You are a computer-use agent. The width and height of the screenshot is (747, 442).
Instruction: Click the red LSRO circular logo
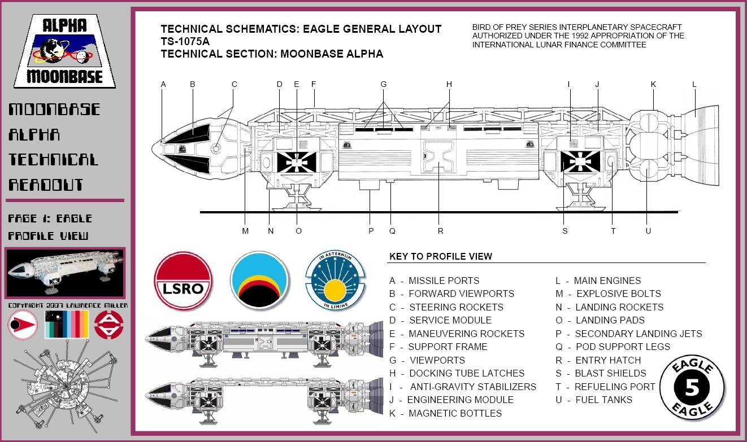[183, 281]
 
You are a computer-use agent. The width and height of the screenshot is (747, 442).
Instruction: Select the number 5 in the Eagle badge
[692, 388]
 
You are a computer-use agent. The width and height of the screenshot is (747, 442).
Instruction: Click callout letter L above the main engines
[694, 85]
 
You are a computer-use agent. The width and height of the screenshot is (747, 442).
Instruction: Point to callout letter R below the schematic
[440, 231]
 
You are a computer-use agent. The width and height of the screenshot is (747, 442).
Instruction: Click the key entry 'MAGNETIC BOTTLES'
[455, 413]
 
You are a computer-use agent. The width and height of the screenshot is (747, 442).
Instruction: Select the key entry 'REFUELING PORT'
[615, 387]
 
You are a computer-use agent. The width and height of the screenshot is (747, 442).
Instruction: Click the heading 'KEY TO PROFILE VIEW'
[441, 256]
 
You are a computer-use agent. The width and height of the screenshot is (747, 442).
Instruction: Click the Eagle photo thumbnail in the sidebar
[65, 273]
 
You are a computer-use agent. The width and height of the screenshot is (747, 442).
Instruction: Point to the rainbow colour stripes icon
[67, 324]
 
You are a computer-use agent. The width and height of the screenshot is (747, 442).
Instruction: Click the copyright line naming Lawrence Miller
[67, 305]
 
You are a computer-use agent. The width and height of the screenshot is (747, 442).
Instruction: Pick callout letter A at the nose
[163, 85]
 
